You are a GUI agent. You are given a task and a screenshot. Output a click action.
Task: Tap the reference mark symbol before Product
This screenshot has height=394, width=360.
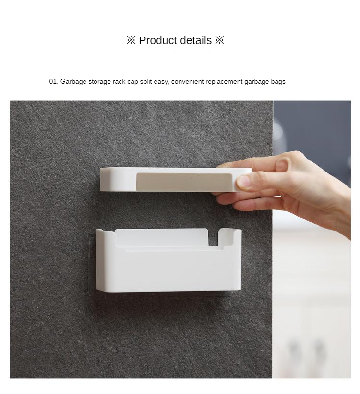[x=131, y=40]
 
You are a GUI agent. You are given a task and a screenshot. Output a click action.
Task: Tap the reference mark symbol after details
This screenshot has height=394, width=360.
[x=219, y=40]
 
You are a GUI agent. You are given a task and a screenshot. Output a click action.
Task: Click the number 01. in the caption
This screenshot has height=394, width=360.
[x=54, y=81]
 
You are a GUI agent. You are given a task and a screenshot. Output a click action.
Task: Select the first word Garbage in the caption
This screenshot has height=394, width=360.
[x=73, y=82]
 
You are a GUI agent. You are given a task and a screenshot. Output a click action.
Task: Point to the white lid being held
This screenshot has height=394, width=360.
[x=173, y=179]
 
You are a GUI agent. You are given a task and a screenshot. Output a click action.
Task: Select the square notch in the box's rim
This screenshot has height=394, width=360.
[x=213, y=237]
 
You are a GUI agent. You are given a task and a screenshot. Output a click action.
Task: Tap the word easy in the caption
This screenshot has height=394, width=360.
[x=161, y=82]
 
